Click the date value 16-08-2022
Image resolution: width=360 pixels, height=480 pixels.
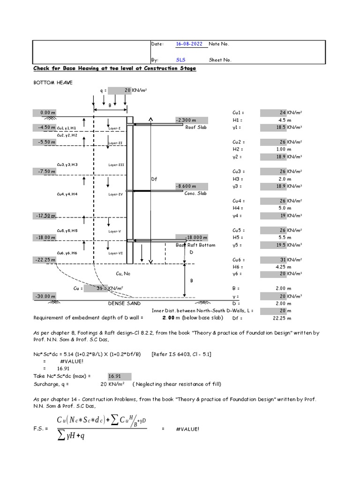coord(189,44)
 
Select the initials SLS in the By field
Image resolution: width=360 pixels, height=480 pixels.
coord(181,60)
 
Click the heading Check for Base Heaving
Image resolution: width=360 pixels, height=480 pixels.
coord(114,68)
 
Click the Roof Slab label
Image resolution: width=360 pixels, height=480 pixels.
coord(195,127)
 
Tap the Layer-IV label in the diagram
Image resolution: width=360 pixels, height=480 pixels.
coord(115,194)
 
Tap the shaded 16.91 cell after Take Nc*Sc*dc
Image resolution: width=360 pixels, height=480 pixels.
coord(115,376)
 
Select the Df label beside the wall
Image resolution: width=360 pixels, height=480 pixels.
coord(154,179)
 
